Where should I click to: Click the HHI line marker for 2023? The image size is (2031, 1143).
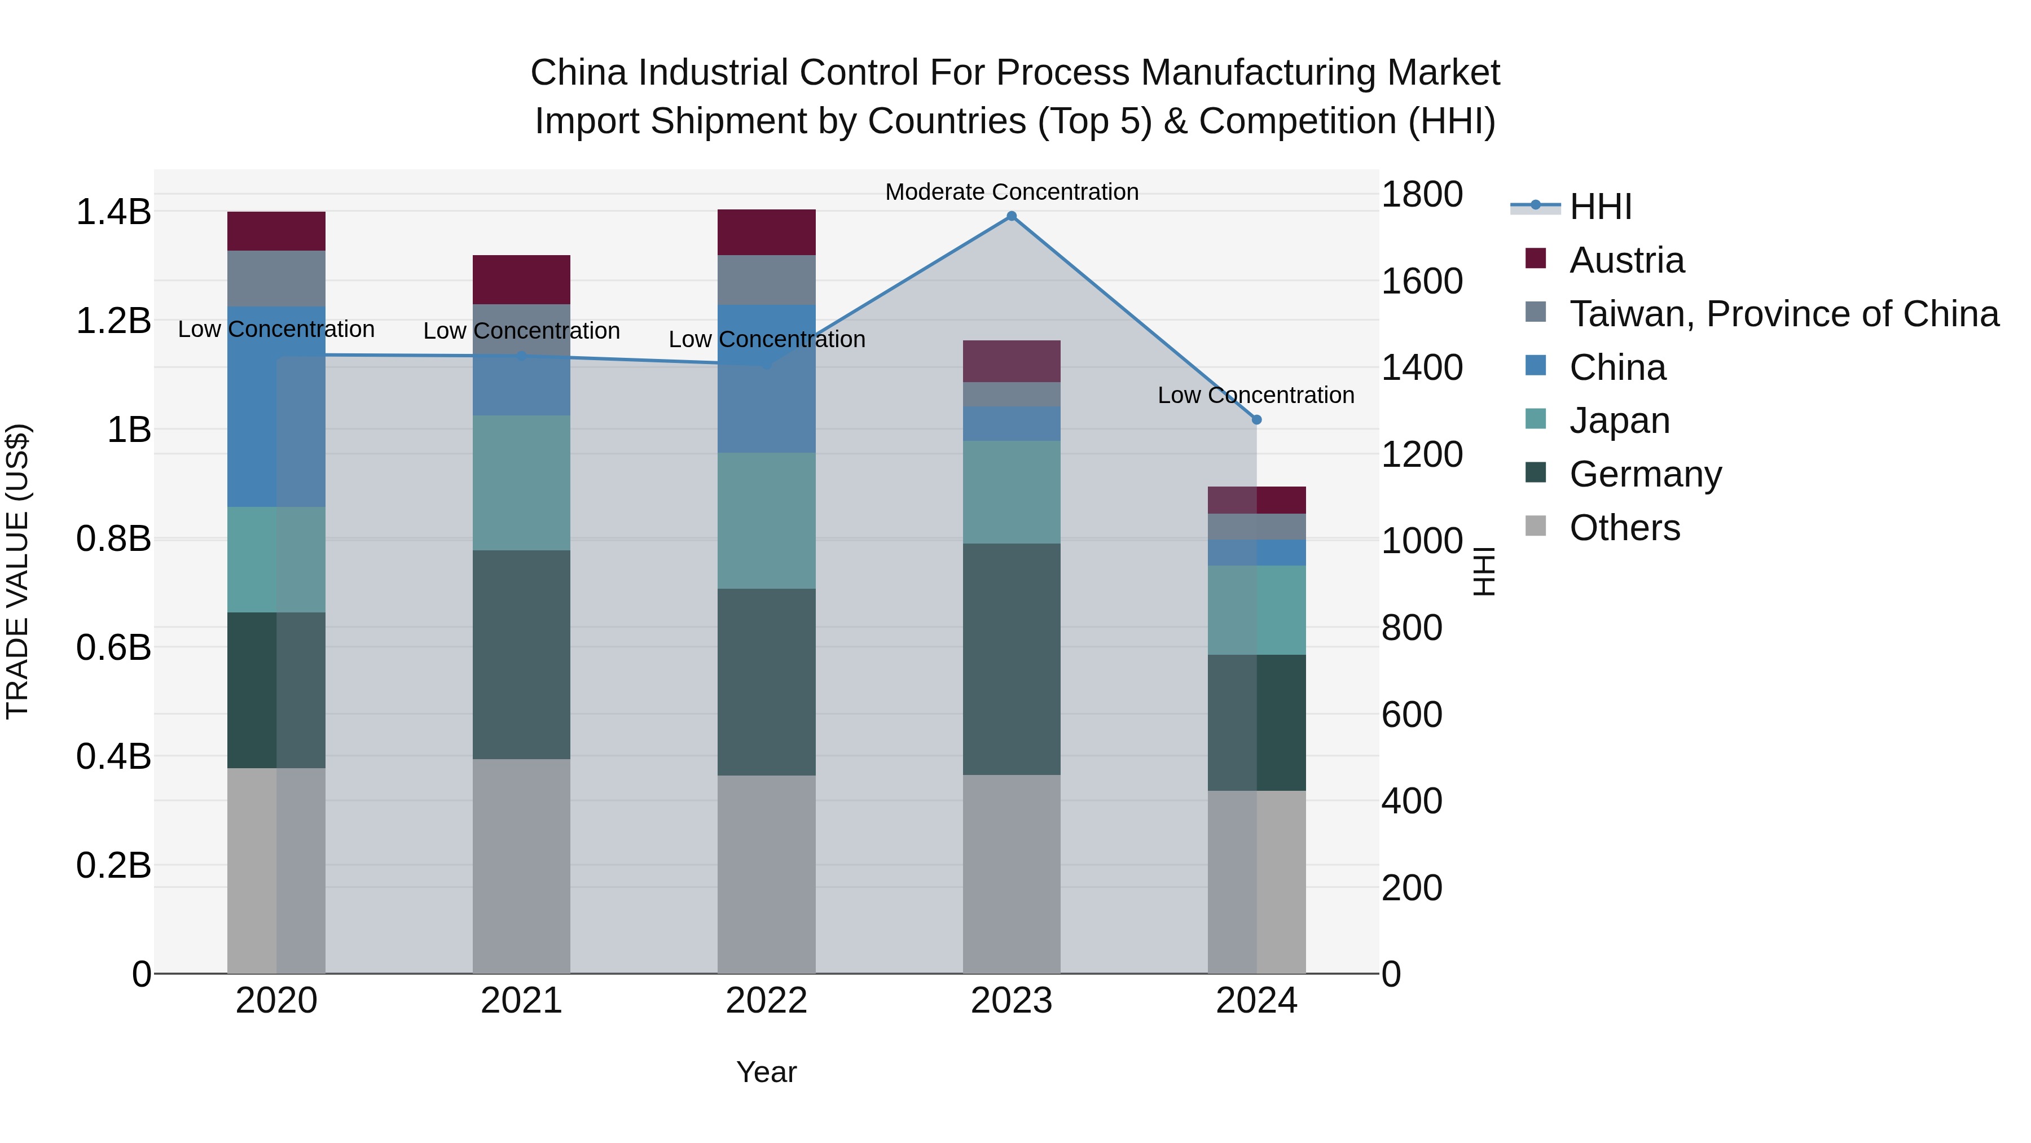click(x=1012, y=216)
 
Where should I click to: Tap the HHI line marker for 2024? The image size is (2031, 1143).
click(x=1257, y=419)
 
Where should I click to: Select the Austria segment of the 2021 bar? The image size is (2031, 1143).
click(x=521, y=279)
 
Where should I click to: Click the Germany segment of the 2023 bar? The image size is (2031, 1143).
click(x=1012, y=659)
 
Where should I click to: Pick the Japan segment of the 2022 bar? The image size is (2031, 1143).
click(x=766, y=520)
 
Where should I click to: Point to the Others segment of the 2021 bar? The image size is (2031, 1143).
click(x=521, y=865)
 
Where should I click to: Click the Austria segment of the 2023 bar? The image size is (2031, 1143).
click(x=1012, y=361)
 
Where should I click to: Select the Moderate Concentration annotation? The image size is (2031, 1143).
click(x=1012, y=192)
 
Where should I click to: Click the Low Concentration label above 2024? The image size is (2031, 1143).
click(x=1255, y=395)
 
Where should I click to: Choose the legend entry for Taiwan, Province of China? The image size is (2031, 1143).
click(x=1783, y=314)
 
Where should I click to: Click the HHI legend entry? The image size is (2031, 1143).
click(x=1600, y=207)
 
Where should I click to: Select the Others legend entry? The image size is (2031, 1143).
click(x=1624, y=528)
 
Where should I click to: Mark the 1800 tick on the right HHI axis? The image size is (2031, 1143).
click(x=1422, y=194)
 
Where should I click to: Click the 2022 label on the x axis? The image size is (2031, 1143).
click(x=766, y=1001)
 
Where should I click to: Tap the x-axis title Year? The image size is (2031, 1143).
click(x=766, y=1072)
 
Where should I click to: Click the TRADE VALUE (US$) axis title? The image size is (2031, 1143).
click(x=17, y=571)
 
